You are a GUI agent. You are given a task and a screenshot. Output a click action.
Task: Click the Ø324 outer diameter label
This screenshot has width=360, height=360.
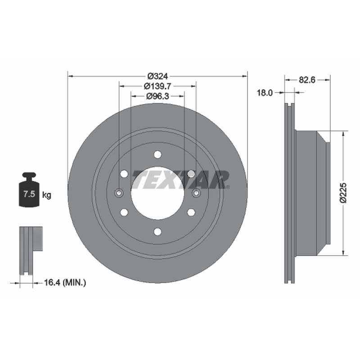pos(158,76)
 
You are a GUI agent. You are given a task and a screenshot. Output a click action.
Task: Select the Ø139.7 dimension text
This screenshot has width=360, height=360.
pos(157,86)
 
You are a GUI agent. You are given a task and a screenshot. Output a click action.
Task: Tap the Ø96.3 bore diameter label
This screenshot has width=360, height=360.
pos(157,96)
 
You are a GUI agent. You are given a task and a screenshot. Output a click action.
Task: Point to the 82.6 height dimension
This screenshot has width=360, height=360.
pos(307,80)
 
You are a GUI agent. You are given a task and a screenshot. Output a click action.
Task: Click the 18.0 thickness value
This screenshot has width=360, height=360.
pos(265,93)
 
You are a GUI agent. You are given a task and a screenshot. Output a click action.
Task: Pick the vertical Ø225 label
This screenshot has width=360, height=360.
pos(343,193)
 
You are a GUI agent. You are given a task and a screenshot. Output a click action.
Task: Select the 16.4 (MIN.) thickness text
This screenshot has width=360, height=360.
pos(65,283)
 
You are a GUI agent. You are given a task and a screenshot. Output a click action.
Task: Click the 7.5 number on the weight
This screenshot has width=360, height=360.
pos(29,194)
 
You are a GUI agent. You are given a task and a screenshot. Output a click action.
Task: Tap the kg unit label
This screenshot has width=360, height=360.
pos(47,195)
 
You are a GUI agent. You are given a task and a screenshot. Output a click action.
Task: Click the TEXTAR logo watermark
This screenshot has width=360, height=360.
pos(181,180)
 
